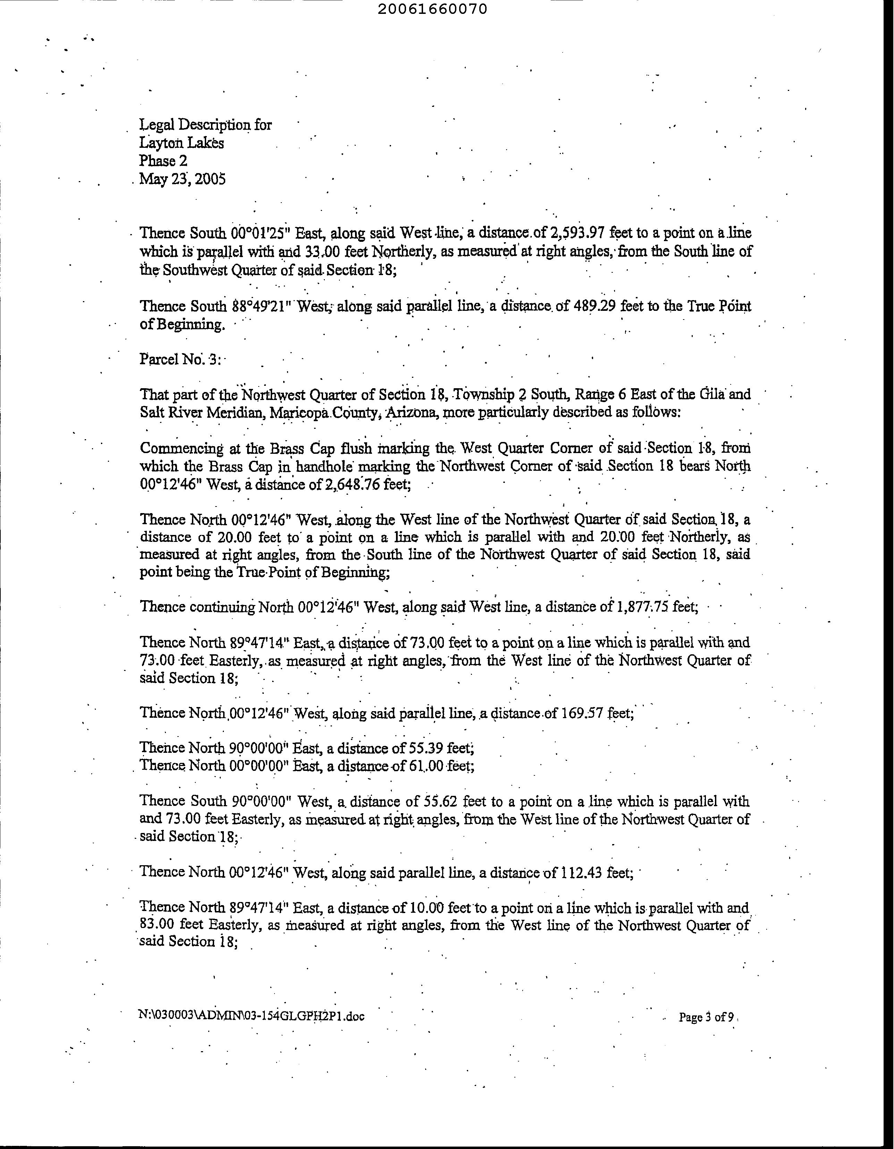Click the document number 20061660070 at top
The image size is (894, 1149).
click(x=432, y=9)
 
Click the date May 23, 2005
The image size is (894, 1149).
click(x=183, y=179)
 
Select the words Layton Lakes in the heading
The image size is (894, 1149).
click(x=182, y=143)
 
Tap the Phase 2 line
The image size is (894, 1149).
click(x=163, y=161)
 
